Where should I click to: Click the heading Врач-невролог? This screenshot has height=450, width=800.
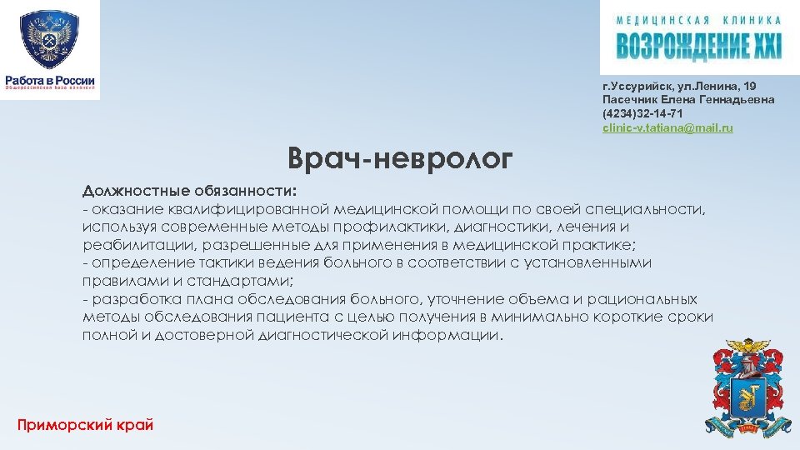tap(399, 158)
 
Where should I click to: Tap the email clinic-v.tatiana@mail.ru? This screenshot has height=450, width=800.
tap(667, 127)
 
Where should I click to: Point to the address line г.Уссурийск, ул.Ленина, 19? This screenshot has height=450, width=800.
tap(679, 86)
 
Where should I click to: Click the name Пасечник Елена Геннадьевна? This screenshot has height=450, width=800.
tap(687, 100)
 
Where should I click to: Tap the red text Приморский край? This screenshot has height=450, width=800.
tap(85, 425)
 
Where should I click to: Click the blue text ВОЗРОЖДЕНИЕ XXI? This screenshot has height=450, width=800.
tap(699, 46)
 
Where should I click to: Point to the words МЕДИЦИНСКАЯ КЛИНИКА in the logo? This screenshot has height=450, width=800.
tap(699, 20)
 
